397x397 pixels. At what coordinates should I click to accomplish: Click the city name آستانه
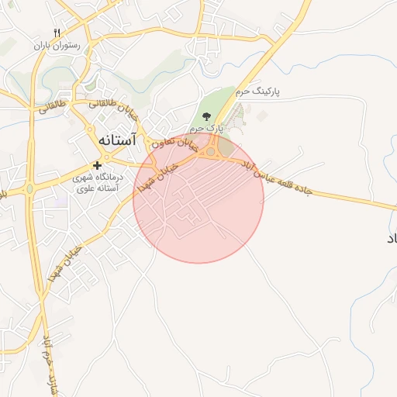tap(116, 141)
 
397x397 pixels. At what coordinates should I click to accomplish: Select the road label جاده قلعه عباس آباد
tap(276, 178)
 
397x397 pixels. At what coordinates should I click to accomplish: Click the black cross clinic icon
tap(97, 165)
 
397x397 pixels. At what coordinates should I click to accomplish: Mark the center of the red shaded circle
tap(198, 198)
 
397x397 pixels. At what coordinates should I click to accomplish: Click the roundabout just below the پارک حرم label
tap(210, 152)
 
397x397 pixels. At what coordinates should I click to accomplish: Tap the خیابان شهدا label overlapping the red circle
tap(157, 178)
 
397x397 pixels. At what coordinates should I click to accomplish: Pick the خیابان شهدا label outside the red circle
tap(65, 261)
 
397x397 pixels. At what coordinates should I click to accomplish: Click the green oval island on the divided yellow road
tap(29, 188)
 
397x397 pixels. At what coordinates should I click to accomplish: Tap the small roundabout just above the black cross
tap(98, 151)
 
